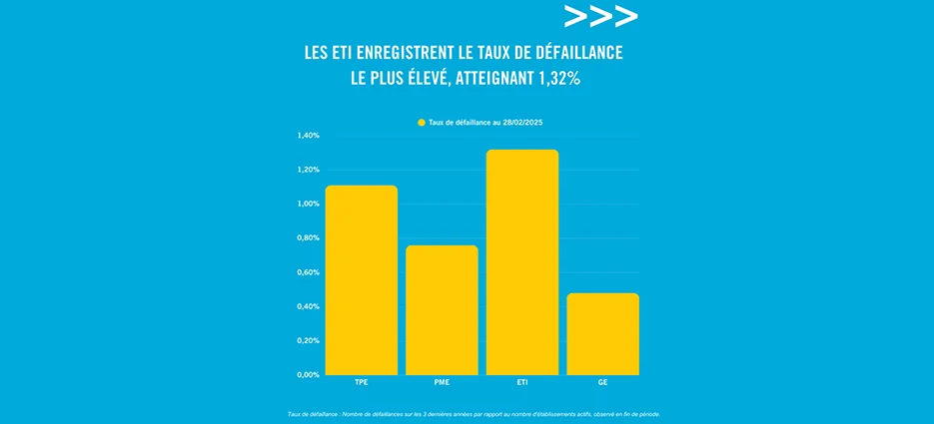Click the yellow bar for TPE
pyautogui.click(x=361, y=279)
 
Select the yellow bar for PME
pyautogui.click(x=442, y=309)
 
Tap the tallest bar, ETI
pyautogui.click(x=521, y=261)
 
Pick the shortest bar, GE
pyautogui.click(x=602, y=333)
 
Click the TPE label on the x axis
pyautogui.click(x=361, y=383)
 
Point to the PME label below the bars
pyautogui.click(x=442, y=383)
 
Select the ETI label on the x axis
pyautogui.click(x=522, y=383)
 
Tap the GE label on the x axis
pyautogui.click(x=602, y=383)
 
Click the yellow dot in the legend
pyautogui.click(x=422, y=122)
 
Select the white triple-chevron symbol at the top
pyautogui.click(x=600, y=17)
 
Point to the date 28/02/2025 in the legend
pyautogui.click(x=521, y=122)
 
